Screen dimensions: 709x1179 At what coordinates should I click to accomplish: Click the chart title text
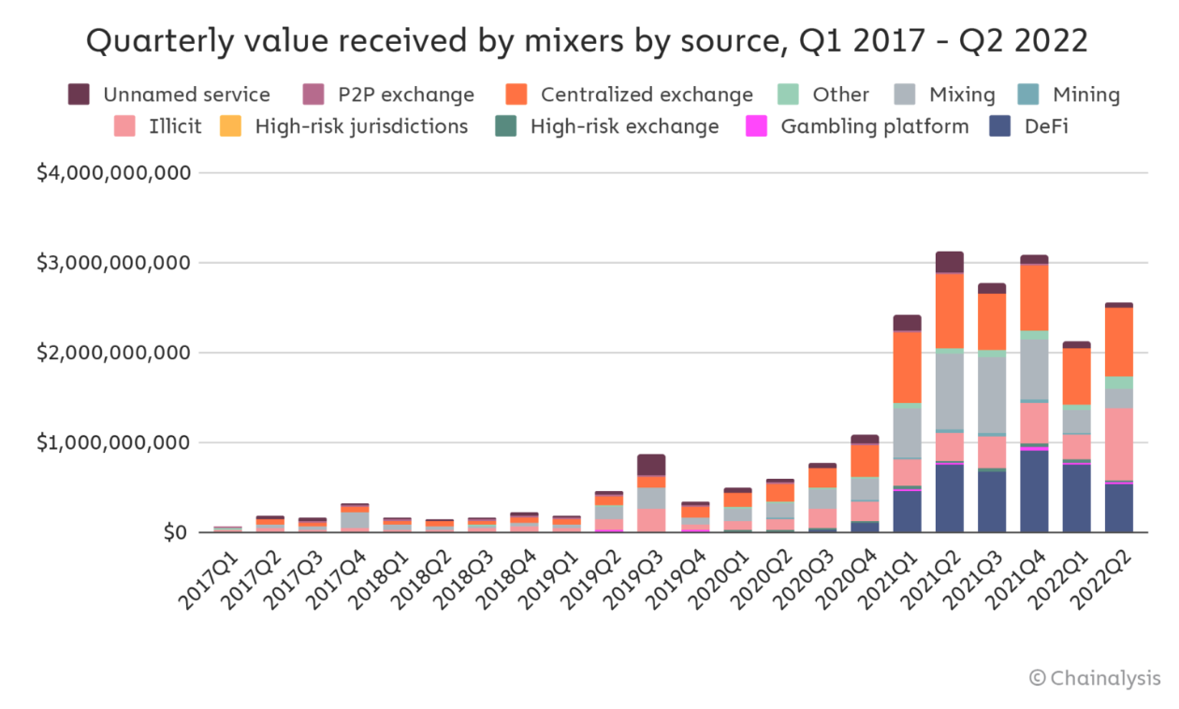point(587,41)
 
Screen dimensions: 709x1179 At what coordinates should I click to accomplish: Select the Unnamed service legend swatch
point(80,94)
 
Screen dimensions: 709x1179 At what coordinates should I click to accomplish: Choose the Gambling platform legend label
point(874,126)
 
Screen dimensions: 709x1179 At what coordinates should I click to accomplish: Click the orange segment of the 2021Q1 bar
point(908,367)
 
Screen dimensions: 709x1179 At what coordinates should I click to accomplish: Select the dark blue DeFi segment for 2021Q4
point(1034,491)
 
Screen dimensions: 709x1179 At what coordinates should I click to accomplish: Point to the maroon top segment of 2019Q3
point(651,465)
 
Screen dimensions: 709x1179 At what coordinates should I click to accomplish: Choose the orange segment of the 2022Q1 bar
point(1076,376)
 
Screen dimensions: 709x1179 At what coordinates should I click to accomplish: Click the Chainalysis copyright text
point(1095,678)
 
